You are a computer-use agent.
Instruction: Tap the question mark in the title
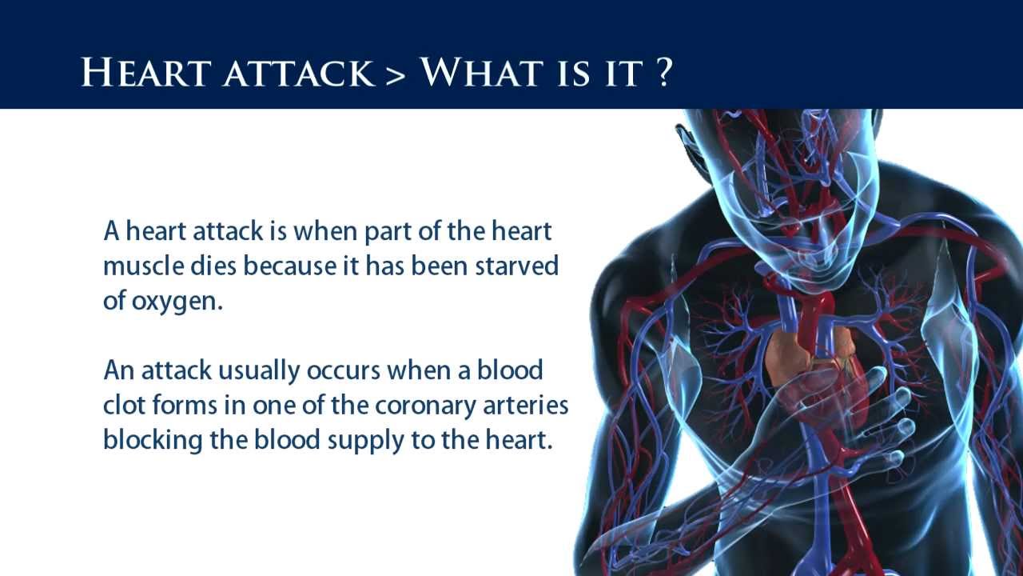661,73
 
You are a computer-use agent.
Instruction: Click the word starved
517,266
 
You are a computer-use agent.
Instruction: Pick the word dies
214,266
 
